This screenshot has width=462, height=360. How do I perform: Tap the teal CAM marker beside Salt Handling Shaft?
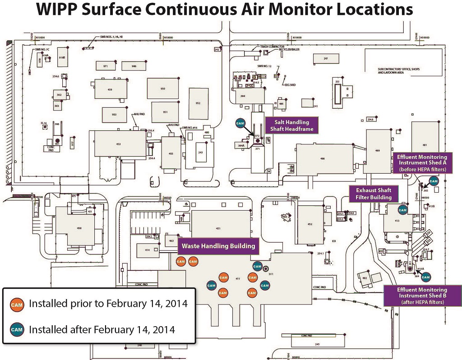[x=240, y=123]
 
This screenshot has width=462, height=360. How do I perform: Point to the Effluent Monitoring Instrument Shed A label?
[x=421, y=162]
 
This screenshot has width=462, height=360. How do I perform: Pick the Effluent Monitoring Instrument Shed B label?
[x=422, y=295]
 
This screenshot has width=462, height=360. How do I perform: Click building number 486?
[x=323, y=159]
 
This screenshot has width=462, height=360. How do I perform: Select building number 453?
[x=118, y=144]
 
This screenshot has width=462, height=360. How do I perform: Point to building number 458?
[x=79, y=228]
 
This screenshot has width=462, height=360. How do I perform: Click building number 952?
[x=198, y=103]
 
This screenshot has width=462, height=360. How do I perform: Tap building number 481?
[x=425, y=145]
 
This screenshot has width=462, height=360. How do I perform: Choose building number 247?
[x=325, y=59]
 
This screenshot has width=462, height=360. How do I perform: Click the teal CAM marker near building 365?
[x=434, y=181]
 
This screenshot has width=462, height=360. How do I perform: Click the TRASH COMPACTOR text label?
[x=270, y=46]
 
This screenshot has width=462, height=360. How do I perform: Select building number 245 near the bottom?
[x=305, y=345]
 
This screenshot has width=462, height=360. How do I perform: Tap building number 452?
[x=310, y=224]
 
